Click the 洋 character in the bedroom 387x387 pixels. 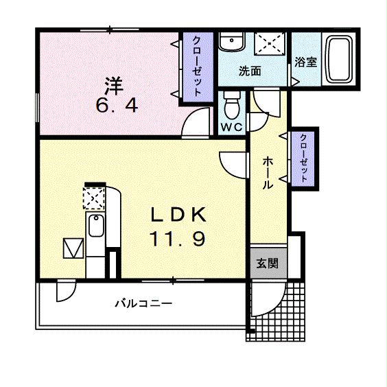[x=113, y=86]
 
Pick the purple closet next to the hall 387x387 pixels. [x=303, y=157]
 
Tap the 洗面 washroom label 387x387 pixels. [x=249, y=71]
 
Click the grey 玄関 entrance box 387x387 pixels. [x=268, y=262]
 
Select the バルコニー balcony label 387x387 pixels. [x=143, y=303]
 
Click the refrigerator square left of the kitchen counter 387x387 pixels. [x=72, y=247]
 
